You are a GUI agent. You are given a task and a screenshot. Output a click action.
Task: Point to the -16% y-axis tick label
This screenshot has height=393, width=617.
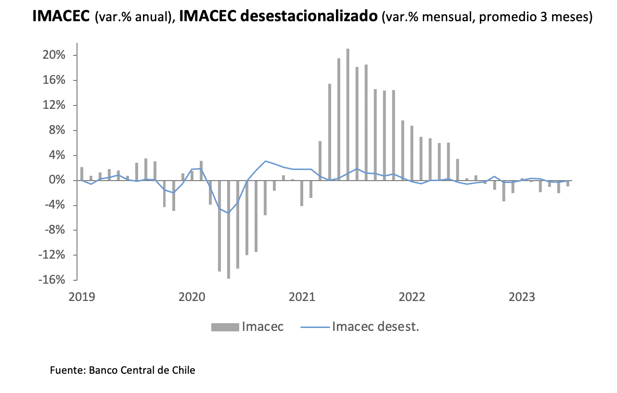pos(53,280)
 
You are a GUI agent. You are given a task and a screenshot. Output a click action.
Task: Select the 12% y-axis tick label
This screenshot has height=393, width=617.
pos(55,105)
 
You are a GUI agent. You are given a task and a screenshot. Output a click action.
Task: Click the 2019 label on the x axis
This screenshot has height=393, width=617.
pos(82,297)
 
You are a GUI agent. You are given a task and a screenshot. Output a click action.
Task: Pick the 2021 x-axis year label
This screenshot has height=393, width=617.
pos(302,297)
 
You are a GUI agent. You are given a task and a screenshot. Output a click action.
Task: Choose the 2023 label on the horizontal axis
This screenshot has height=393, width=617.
pos(522,297)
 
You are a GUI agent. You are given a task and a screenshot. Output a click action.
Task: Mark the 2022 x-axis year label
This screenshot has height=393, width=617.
pos(412,297)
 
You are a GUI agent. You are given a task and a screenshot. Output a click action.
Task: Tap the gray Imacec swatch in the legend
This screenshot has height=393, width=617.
pos(225,327)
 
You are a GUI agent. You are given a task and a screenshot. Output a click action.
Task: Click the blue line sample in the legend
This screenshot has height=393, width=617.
pos(314,327)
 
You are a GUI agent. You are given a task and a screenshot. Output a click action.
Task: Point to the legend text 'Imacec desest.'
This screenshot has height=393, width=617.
pos(375,327)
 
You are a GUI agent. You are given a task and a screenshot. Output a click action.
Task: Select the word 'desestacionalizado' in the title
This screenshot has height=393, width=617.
pos(308,17)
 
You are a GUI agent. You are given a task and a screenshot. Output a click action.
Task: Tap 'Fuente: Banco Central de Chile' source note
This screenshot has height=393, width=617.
pos(123,370)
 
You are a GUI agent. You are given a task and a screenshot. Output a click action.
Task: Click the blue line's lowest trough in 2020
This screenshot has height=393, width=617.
pos(229,212)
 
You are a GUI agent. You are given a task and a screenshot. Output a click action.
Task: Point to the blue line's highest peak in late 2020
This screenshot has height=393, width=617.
pos(265,161)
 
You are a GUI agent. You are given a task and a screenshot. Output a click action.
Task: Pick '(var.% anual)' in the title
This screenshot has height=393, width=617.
pos(135,17)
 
